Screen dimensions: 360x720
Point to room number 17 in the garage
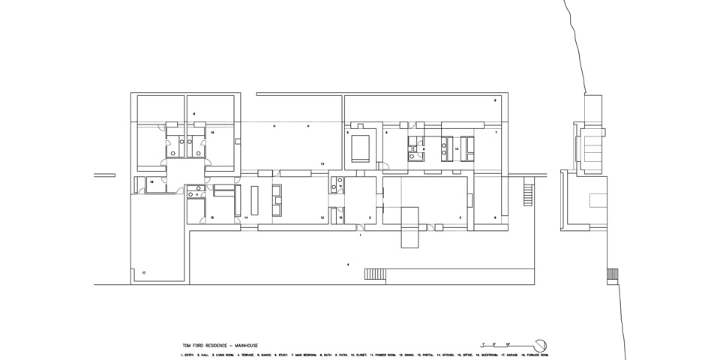click(x=143, y=272)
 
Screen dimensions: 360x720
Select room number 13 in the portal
click(x=322, y=163)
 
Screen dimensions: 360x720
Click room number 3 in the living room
click(x=460, y=217)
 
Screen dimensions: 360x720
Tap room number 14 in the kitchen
click(x=245, y=217)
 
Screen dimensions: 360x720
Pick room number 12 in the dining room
click(x=322, y=217)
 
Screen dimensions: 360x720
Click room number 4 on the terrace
click(x=347, y=265)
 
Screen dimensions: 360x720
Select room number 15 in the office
click(x=212, y=217)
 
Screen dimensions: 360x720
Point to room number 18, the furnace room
click(x=151, y=182)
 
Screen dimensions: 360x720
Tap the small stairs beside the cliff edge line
click(x=610, y=274)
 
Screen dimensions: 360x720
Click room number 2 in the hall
click(x=370, y=217)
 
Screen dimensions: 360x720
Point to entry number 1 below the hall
click(x=361, y=235)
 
